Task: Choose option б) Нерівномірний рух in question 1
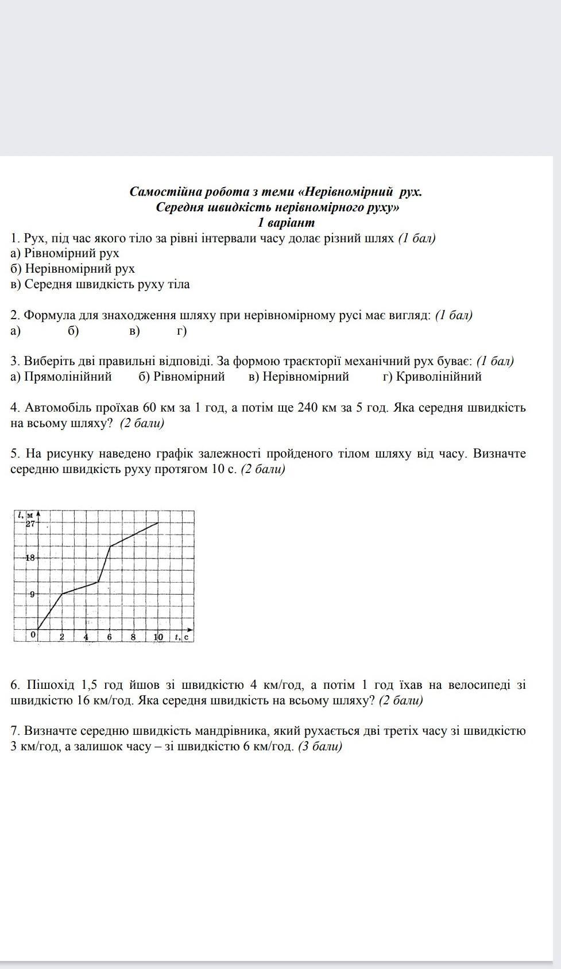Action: (73, 269)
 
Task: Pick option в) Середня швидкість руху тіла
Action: (100, 284)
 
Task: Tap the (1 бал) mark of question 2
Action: (454, 315)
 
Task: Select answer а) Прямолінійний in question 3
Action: (61, 377)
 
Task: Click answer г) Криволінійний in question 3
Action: (432, 377)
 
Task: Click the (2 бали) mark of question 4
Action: (142, 423)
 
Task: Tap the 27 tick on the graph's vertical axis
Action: (30, 524)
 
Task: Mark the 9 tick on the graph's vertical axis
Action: (32, 594)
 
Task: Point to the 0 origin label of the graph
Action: (33, 634)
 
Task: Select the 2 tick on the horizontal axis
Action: (62, 637)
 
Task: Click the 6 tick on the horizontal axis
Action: (110, 637)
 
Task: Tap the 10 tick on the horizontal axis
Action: (158, 637)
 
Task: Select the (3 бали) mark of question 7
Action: (320, 746)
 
